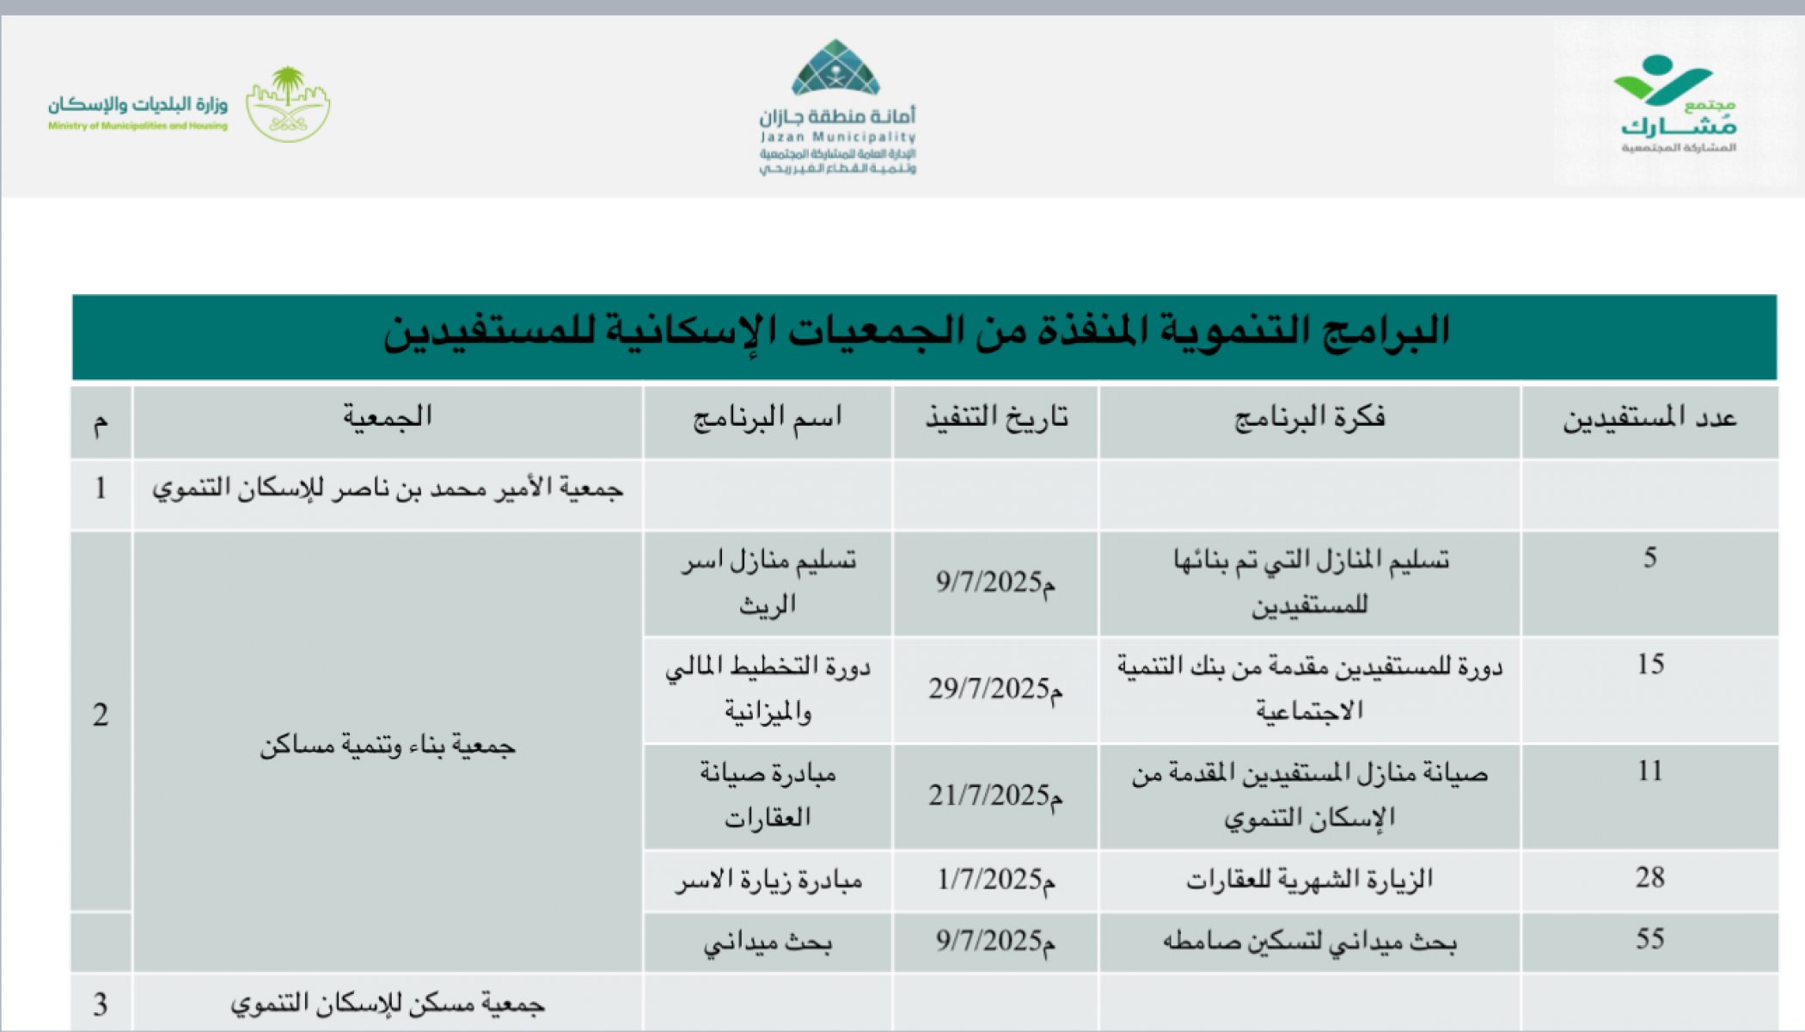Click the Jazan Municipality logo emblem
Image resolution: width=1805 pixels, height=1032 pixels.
835,68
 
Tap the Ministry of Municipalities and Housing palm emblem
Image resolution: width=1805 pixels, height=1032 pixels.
288,104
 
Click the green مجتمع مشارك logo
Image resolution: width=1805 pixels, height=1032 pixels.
1677,102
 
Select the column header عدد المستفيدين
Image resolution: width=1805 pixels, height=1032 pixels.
1649,419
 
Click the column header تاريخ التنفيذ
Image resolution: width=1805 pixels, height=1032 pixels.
996,419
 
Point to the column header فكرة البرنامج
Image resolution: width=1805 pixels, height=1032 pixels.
1309,419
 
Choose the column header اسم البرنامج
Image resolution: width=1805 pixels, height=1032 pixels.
767,419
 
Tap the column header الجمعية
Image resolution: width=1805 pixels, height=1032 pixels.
388,418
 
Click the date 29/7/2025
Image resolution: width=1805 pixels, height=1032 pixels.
994,689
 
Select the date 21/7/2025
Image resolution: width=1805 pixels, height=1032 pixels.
994,795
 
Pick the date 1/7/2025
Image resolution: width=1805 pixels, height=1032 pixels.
995,880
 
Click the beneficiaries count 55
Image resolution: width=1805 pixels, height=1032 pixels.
1649,939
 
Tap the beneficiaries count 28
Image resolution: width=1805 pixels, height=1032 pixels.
1649,877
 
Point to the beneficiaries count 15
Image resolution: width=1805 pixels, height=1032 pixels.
1649,664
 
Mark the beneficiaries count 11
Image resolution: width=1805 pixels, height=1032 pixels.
1649,771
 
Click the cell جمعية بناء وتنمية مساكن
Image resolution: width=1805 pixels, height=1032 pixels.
388,746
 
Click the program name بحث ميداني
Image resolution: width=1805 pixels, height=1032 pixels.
768,943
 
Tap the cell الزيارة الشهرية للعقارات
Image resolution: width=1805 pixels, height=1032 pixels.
1309,880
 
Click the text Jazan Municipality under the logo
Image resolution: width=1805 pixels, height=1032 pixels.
838,138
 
